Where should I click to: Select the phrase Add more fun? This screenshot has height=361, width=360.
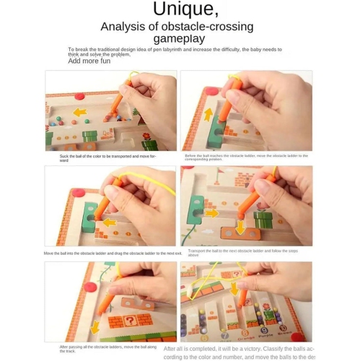(x=89, y=61)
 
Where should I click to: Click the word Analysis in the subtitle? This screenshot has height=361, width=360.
(x=123, y=26)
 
